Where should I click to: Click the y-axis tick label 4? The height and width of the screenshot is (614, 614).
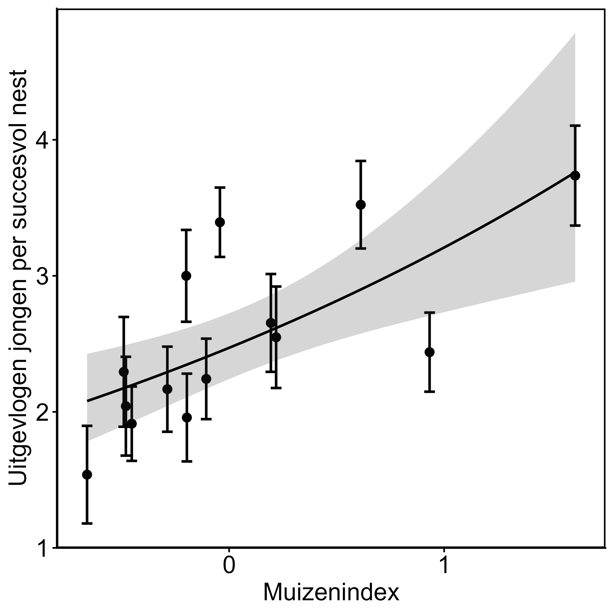[43, 140]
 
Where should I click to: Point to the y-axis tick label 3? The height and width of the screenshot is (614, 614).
[43, 276]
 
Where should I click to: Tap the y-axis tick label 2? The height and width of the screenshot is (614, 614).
[43, 412]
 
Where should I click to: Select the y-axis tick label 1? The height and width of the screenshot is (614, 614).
[43, 548]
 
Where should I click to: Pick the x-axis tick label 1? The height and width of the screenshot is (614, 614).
[444, 565]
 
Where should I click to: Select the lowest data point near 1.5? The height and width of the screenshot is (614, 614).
[87, 475]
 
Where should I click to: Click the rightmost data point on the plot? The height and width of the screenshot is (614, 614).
[575, 175]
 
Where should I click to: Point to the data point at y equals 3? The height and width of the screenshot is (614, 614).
[186, 275]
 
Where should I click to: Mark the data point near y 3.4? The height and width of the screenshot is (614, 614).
[220, 222]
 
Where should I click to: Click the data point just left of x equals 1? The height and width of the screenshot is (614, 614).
[430, 352]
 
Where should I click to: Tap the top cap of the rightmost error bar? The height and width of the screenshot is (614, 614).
[575, 126]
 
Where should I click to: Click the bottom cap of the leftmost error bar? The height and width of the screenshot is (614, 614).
[87, 523]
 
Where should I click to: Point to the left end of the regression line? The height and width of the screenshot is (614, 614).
[87, 401]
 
